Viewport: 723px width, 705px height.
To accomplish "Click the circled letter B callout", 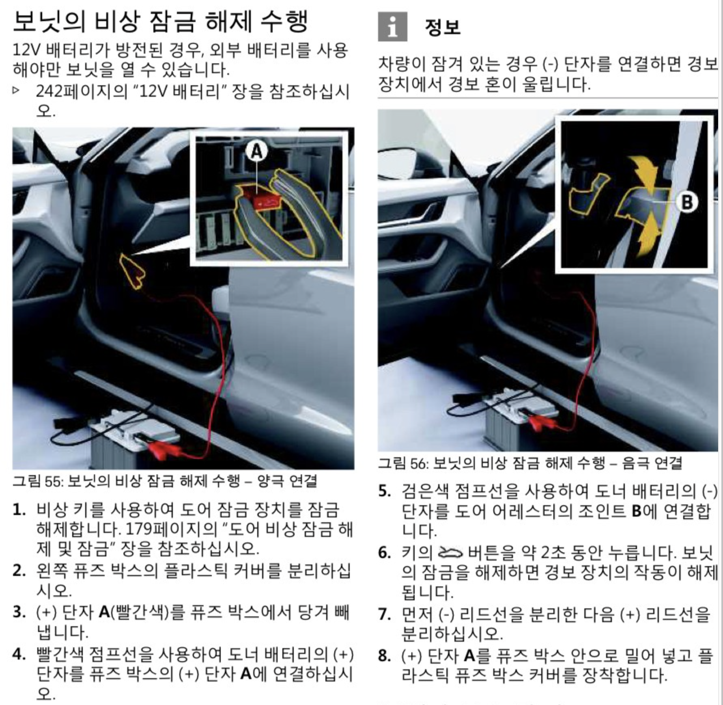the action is coord(686,202).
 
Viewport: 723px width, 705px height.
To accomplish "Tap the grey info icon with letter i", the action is coord(392,27).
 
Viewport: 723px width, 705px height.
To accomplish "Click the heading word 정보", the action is coord(443,27).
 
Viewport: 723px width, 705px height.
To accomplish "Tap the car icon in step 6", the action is coord(450,553).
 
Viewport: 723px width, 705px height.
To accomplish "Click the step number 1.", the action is coord(19,510).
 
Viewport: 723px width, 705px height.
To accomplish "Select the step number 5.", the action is coord(384,491).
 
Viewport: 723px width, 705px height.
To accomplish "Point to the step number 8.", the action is coord(384,655).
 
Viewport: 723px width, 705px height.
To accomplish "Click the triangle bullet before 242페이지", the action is coord(16,90).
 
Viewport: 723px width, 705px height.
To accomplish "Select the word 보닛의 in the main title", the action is coord(49,21).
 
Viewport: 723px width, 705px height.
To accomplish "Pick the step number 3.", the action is coord(19,612).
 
